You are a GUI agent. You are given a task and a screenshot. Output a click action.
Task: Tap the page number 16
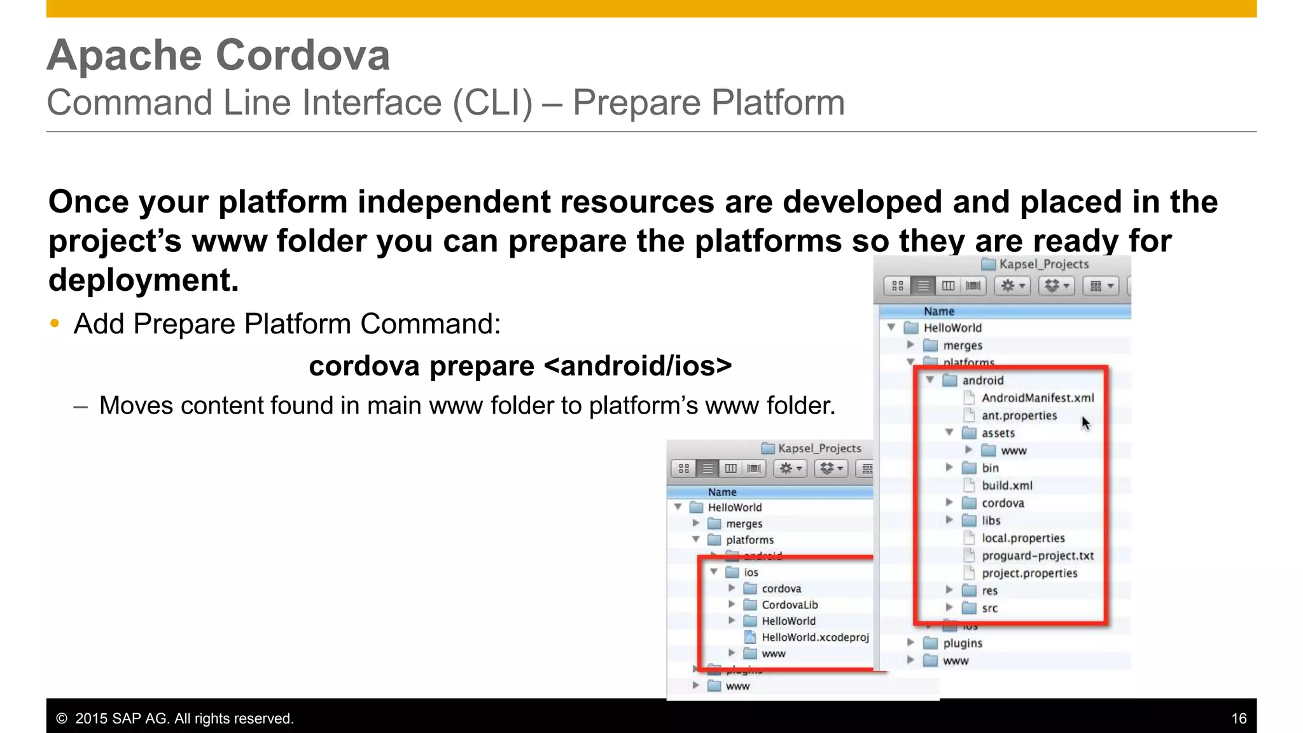pyautogui.click(x=1238, y=718)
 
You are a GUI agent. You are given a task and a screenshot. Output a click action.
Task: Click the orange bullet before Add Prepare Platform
pyautogui.click(x=55, y=324)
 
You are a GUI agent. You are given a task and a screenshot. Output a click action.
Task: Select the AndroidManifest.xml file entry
pyautogui.click(x=1037, y=398)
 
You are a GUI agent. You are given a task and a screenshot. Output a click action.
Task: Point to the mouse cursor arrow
pyautogui.click(x=1085, y=422)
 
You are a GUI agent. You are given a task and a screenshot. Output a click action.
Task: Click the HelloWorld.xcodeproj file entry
pyautogui.click(x=814, y=637)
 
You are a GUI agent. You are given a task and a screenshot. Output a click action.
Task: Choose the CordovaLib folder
pyautogui.click(x=789, y=604)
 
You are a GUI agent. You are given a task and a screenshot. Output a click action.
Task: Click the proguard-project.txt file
pyautogui.click(x=1037, y=555)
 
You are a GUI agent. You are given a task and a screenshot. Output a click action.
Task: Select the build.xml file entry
pyautogui.click(x=1007, y=485)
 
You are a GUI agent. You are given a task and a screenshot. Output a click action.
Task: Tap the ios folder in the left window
pyautogui.click(x=751, y=572)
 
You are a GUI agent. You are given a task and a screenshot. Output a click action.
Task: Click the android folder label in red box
pyautogui.click(x=982, y=380)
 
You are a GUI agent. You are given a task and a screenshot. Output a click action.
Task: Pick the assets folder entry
pyautogui.click(x=998, y=433)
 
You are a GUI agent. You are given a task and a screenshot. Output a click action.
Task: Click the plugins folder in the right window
pyautogui.click(x=962, y=643)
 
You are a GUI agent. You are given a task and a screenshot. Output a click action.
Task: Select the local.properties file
pyautogui.click(x=1022, y=538)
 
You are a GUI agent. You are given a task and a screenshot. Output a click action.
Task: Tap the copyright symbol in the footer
pyautogui.click(x=62, y=718)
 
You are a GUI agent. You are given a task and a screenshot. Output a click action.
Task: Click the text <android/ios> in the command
pyautogui.click(x=638, y=366)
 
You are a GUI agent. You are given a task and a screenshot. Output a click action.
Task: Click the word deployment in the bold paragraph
pyautogui.click(x=143, y=280)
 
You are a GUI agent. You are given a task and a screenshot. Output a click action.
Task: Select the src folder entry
pyautogui.click(x=989, y=608)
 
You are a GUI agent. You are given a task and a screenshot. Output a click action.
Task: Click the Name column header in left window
pyautogui.click(x=722, y=492)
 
